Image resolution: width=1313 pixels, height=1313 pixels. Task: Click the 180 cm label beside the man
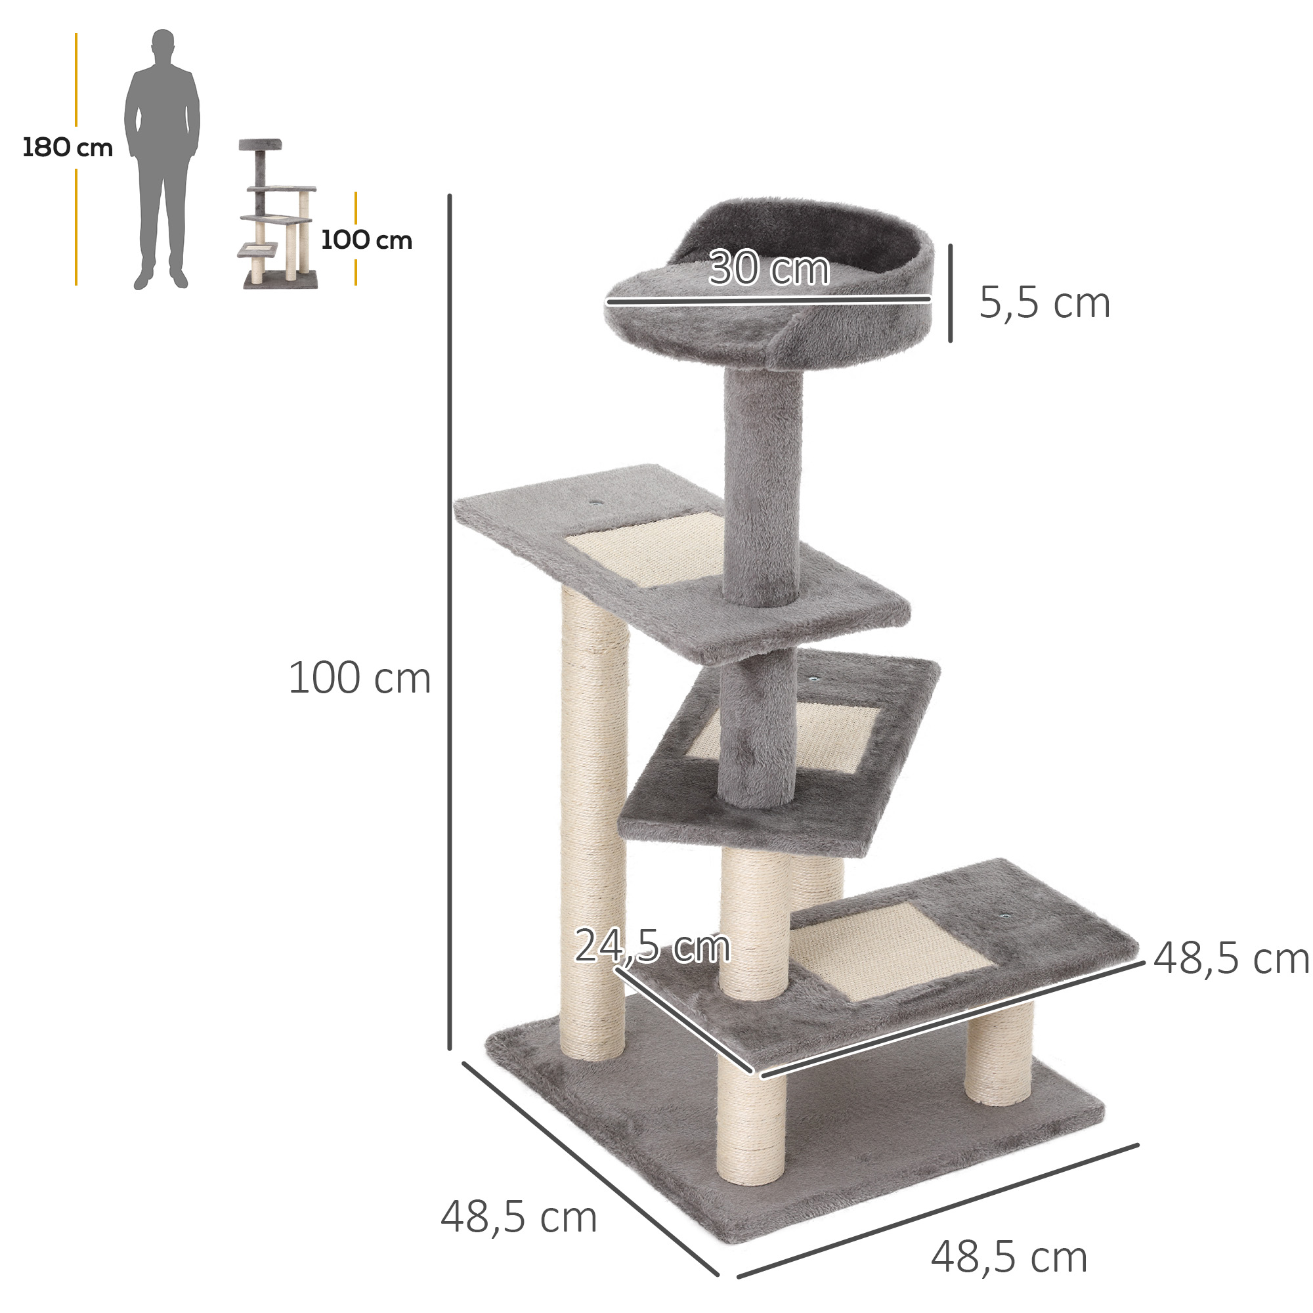pyautogui.click(x=67, y=148)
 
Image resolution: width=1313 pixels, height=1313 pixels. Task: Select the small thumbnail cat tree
pyautogui.click(x=277, y=214)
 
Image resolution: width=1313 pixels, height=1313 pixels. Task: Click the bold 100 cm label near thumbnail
pyautogui.click(x=366, y=240)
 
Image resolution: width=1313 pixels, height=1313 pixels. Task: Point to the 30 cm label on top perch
pyautogui.click(x=769, y=269)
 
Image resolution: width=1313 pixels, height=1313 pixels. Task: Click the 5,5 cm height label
pyautogui.click(x=1044, y=303)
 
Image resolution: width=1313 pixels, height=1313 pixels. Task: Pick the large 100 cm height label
pyautogui.click(x=360, y=678)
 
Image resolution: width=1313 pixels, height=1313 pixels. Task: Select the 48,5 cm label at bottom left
pyautogui.click(x=519, y=1217)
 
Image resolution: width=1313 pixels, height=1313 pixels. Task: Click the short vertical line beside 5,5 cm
pyautogui.click(x=950, y=293)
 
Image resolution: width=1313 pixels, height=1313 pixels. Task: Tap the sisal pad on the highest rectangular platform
pyautogui.click(x=645, y=551)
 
